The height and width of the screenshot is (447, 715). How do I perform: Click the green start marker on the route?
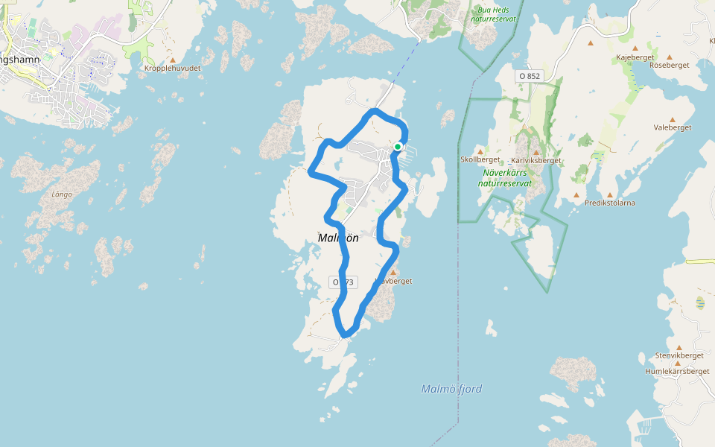pos(398,147)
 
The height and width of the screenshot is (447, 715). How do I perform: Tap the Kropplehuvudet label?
pos(173,68)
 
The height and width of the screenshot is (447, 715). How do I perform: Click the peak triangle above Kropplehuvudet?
pos(173,60)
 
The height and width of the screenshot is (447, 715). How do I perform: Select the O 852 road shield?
pos(529,76)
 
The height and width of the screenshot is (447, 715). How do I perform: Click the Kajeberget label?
pos(635,57)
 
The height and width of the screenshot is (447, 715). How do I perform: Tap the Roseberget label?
pos(670,65)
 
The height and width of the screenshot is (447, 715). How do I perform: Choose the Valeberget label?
pos(673,127)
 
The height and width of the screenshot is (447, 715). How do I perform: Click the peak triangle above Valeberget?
pos(673,119)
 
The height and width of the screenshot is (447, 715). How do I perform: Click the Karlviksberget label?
pos(536,160)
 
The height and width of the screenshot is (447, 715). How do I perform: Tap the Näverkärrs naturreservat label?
pos(505,177)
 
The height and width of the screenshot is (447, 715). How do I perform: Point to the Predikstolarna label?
pos(610,203)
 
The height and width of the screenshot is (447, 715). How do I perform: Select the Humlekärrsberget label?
pos(677,371)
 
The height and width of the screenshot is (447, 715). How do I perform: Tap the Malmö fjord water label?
pos(451,389)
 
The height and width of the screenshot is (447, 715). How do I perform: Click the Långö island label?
pos(62,194)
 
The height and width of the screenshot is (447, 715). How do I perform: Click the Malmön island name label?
pos(338,238)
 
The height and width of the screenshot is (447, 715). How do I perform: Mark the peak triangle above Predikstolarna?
pos(609,194)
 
